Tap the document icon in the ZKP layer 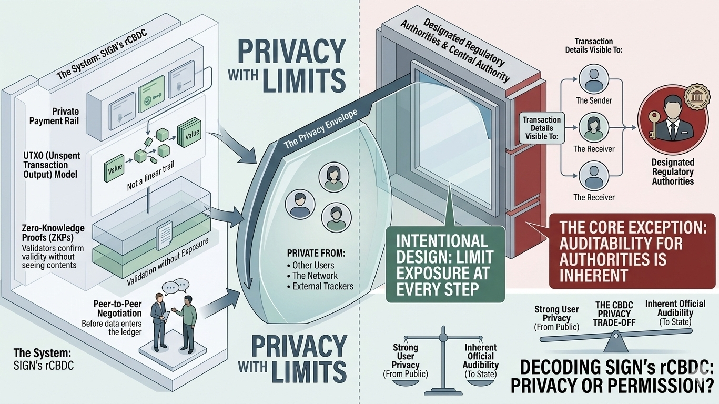tap(165, 231)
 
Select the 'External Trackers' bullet tap(322, 286)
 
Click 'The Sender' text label tap(594, 100)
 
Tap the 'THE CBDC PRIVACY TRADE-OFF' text tap(614, 314)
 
